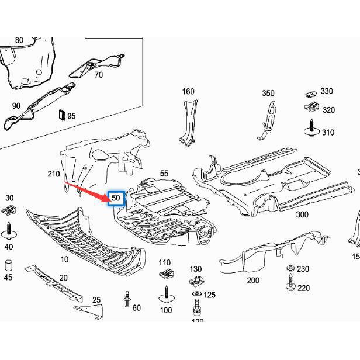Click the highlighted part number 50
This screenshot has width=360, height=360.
pos(116,198)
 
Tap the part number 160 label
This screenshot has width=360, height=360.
pos(188,91)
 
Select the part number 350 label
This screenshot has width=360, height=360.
pos(268,93)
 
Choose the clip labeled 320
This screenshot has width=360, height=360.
pos(311,108)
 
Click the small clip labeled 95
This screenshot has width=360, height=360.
pos(60,114)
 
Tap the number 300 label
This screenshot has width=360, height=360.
pos(302,215)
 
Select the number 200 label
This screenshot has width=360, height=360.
pos(252,281)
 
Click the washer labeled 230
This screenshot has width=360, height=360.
pos(289,269)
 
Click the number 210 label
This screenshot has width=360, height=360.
pos(54,174)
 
